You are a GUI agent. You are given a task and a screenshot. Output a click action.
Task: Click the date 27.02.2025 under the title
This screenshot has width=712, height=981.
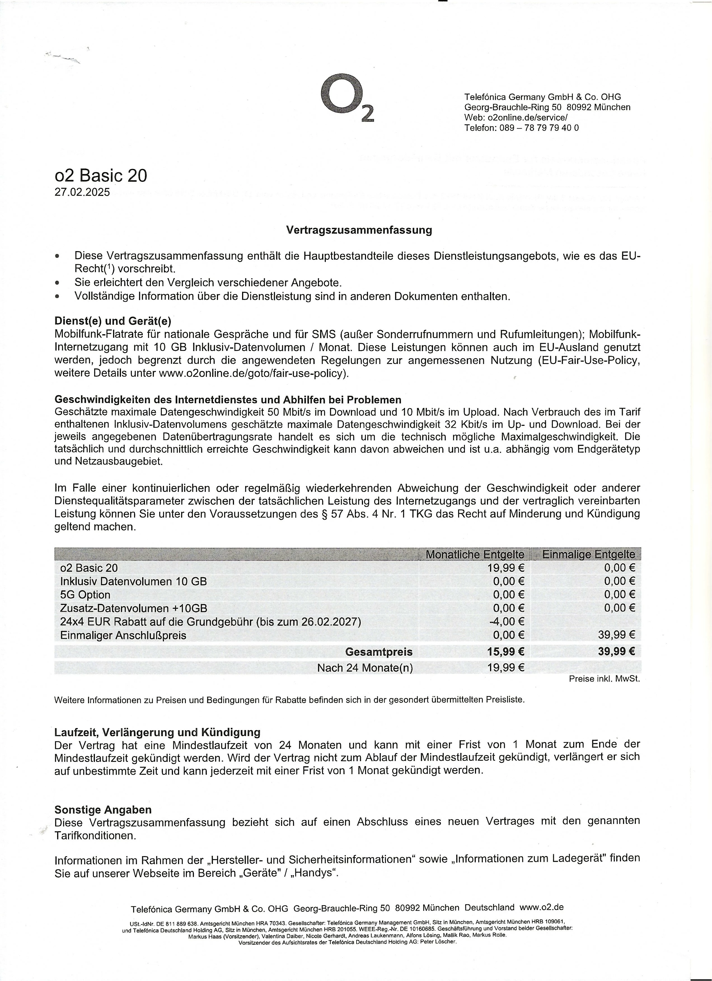[x=82, y=192]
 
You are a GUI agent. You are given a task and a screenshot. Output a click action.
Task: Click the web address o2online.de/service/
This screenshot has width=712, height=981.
[x=527, y=117]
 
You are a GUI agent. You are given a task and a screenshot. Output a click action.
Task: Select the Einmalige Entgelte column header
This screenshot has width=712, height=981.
[x=588, y=554]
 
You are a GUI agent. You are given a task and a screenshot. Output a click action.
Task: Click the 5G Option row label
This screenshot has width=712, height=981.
[x=85, y=595]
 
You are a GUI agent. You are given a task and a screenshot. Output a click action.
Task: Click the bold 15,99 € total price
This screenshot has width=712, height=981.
[x=506, y=651]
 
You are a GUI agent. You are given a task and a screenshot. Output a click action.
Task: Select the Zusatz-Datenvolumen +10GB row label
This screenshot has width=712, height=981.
[x=133, y=608]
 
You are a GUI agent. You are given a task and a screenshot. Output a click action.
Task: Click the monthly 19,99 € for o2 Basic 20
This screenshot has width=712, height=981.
[x=506, y=567]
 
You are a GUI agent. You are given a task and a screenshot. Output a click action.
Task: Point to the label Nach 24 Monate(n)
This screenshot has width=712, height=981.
[x=365, y=668]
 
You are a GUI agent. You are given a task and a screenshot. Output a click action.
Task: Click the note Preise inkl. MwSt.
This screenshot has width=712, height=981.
[x=604, y=679]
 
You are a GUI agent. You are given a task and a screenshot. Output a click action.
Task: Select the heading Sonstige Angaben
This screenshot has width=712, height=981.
[x=103, y=810]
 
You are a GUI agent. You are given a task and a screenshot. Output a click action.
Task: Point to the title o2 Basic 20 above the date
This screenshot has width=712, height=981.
[x=101, y=176]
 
